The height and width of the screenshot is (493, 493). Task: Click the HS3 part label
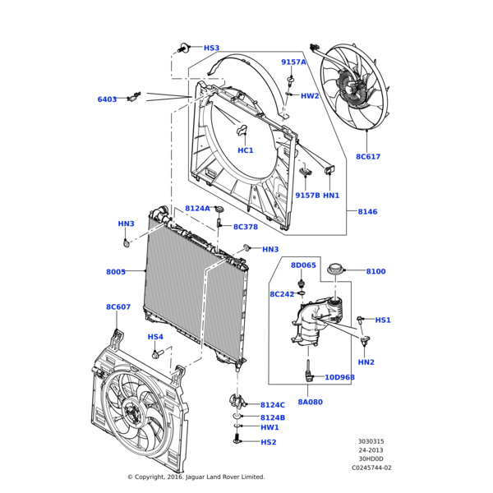[211, 48]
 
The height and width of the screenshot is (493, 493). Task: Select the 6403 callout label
[107, 99]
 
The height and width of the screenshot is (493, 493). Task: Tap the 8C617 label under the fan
[368, 156]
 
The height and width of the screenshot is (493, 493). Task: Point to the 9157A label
[293, 62]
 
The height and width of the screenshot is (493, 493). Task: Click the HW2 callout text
[310, 96]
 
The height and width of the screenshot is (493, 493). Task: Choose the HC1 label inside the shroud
[246, 150]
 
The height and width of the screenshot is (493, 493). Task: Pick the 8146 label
[367, 211]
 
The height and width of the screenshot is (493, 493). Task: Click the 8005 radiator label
[116, 271]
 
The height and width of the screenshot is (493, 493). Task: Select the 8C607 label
[118, 306]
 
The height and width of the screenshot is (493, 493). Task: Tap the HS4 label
[155, 337]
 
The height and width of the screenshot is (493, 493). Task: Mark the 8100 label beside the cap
[376, 271]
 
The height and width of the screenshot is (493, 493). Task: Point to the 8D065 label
[303, 265]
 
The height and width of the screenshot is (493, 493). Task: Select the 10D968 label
[339, 377]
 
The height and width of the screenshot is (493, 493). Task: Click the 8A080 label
[310, 402]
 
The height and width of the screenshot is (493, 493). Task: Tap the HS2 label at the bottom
[269, 442]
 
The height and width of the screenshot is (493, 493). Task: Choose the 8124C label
[273, 405]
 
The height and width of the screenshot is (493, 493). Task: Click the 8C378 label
[245, 227]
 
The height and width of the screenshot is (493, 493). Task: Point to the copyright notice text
[196, 477]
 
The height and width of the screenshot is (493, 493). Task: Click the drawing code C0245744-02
[372, 468]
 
